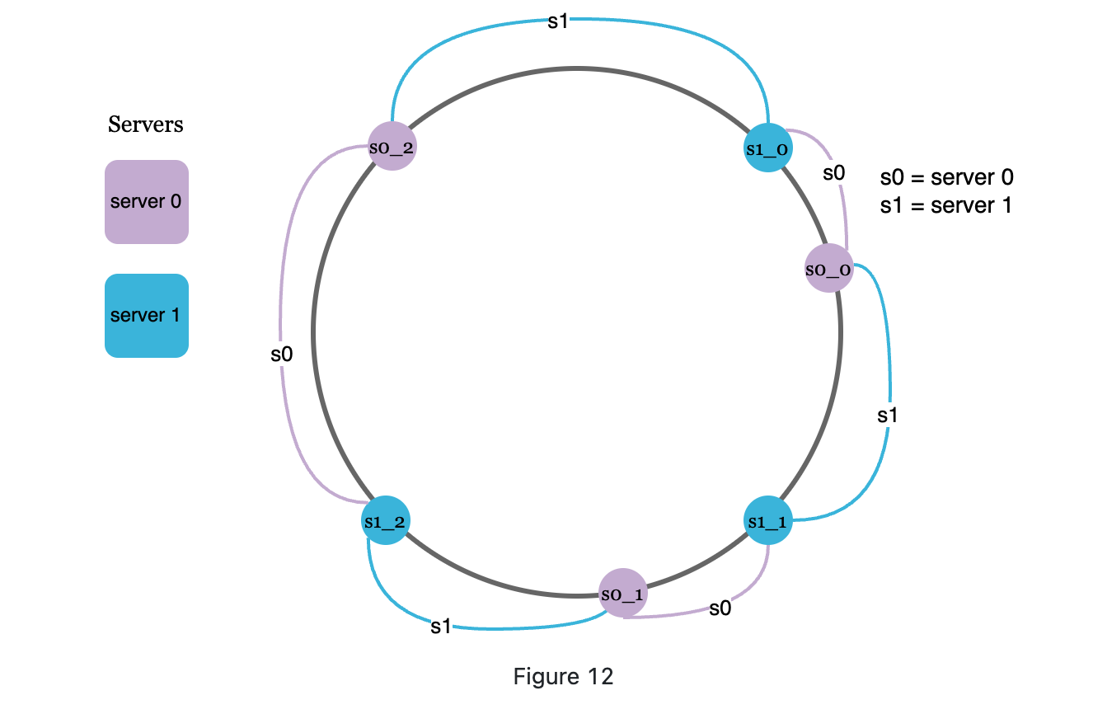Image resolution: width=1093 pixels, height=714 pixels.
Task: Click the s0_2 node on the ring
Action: [x=392, y=147]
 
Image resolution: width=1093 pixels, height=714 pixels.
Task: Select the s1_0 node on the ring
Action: [x=767, y=148]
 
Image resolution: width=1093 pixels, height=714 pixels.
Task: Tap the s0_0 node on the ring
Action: [x=828, y=269]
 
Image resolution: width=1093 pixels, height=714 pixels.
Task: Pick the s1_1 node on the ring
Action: [x=767, y=521]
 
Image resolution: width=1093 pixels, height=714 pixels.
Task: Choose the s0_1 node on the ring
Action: [x=622, y=593]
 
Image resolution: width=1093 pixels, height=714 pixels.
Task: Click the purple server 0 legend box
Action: [x=147, y=202]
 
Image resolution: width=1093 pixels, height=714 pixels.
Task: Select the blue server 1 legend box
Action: [x=147, y=316]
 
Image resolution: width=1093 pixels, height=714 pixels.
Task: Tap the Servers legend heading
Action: [x=146, y=124]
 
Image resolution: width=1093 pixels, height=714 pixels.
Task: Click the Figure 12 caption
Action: [x=564, y=677]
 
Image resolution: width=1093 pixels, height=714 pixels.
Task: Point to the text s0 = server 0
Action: [x=946, y=177]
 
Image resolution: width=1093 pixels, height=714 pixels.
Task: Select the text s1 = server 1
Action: [x=945, y=205]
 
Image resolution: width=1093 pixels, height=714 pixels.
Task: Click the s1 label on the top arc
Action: [x=558, y=21]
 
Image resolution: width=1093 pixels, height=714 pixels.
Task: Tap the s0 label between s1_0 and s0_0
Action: [x=834, y=173]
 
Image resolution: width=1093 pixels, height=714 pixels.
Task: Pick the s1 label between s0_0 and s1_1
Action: [x=887, y=416]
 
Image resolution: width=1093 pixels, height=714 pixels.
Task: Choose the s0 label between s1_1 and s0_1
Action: [x=720, y=608]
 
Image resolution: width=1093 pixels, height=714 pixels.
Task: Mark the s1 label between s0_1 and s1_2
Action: [x=441, y=627]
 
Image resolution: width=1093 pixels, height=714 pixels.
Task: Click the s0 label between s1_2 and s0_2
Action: [x=282, y=355]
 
